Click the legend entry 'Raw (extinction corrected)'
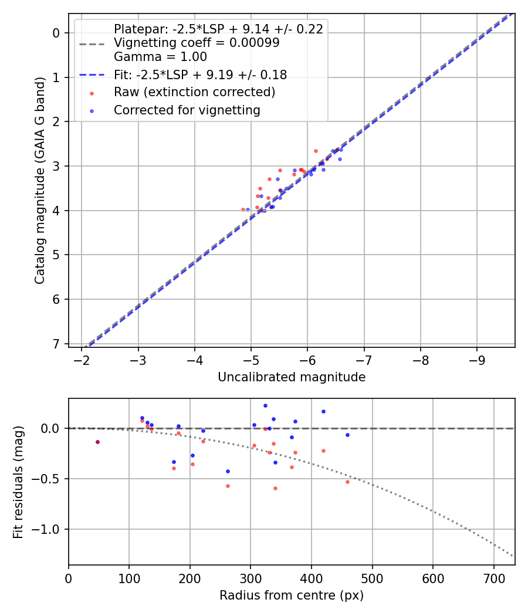(194, 92)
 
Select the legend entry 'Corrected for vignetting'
(187, 110)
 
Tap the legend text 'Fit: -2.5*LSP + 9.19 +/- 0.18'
(200, 75)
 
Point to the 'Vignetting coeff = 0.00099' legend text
(197, 43)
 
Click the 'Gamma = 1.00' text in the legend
(160, 57)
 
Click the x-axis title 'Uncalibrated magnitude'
(292, 377)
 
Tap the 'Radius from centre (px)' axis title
(292, 595)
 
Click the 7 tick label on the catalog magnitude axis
(57, 344)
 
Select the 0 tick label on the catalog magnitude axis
(57, 33)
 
